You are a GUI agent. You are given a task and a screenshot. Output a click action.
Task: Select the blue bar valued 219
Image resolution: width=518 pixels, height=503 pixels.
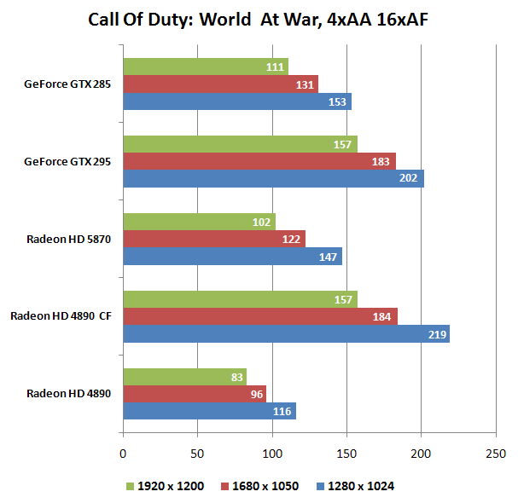coord(286,334)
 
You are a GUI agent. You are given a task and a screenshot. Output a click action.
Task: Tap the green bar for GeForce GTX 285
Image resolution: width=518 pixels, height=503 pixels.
coord(206,66)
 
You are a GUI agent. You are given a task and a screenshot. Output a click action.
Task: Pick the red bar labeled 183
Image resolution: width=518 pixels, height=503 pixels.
coord(259,161)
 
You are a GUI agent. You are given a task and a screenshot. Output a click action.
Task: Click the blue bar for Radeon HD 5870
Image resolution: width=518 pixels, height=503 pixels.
coord(232,257)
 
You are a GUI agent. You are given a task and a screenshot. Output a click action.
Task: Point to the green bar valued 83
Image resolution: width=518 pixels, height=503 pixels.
coord(184,376)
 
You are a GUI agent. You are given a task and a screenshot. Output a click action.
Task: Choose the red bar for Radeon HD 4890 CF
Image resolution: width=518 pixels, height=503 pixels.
coord(260,316)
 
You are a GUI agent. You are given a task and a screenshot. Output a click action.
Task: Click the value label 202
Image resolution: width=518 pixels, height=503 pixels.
coord(410,179)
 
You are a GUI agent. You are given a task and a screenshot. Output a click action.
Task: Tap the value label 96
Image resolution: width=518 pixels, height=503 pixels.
coord(254,394)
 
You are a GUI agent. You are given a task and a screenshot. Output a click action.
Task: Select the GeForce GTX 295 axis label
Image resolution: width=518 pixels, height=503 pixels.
coord(73,161)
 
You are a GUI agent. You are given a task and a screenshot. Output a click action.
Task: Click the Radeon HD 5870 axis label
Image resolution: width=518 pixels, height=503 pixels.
coord(75,239)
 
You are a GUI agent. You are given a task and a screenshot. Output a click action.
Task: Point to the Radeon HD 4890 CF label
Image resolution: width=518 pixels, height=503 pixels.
coord(64,316)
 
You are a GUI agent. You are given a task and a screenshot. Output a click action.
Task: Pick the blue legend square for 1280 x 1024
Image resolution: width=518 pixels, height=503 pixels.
coord(320,486)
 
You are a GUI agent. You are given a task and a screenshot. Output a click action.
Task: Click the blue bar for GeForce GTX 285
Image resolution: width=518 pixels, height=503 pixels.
coord(237,101)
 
